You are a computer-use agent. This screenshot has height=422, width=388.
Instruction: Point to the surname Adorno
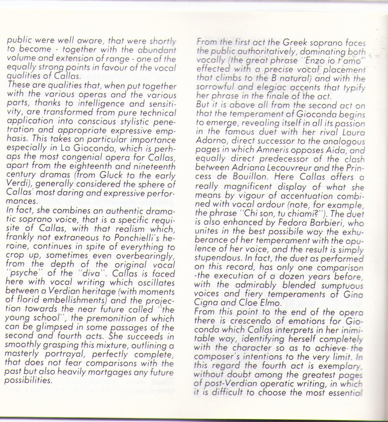pos(210,141)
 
